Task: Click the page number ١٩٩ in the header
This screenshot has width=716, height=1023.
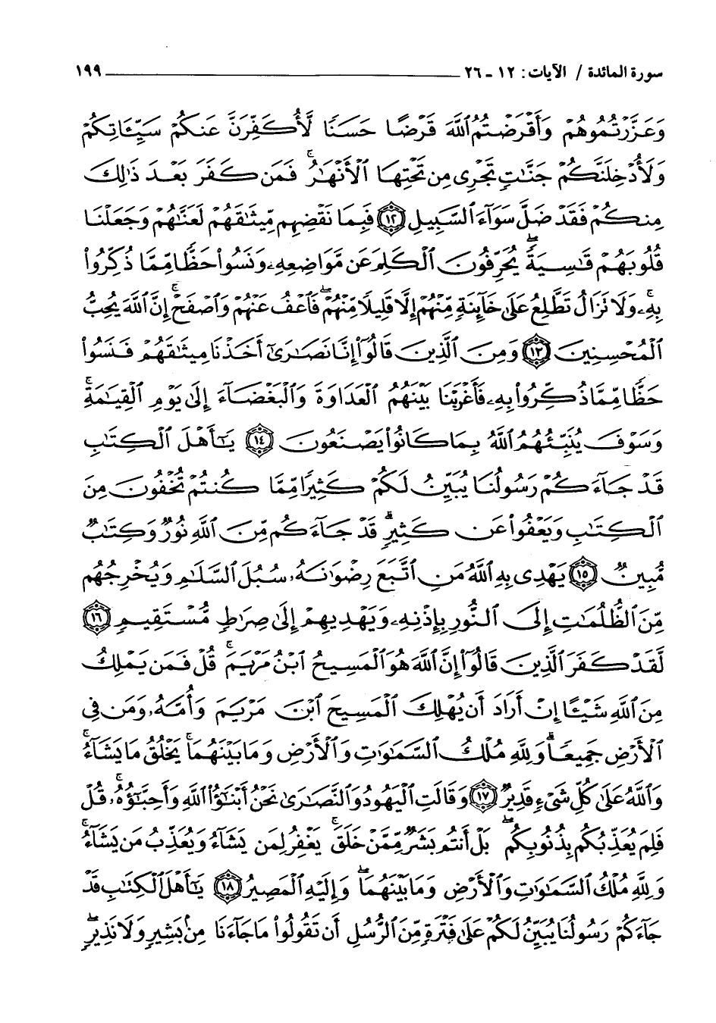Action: pos(89,75)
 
